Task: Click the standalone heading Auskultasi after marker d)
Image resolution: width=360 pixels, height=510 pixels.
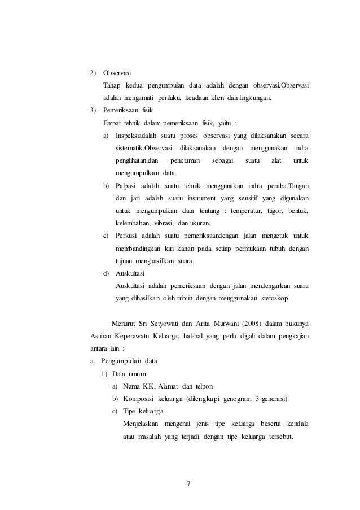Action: tap(130, 273)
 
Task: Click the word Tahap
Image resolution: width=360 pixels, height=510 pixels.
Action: tap(112, 85)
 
